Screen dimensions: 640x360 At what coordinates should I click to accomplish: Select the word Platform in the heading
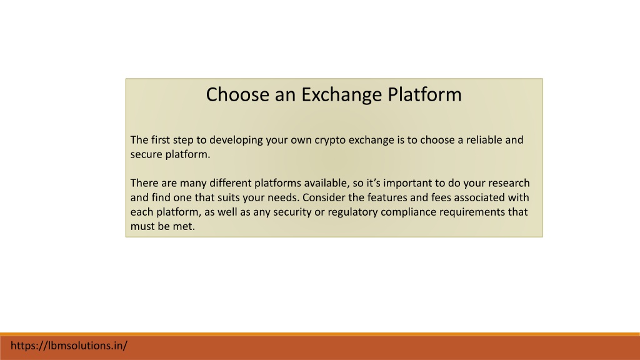point(424,94)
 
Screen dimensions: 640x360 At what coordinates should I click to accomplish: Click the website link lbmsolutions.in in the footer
point(69,346)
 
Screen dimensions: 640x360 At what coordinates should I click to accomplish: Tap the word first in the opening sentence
point(161,139)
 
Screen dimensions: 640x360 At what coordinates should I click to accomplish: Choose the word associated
point(479,197)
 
